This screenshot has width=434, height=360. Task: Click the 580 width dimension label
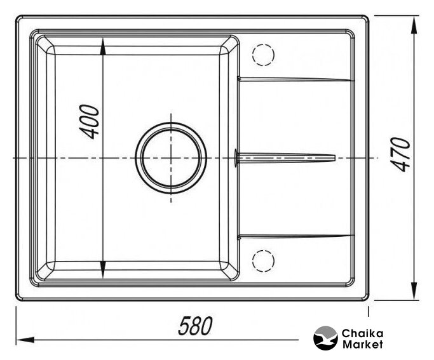click(x=196, y=326)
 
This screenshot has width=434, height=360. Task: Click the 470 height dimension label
click(x=401, y=154)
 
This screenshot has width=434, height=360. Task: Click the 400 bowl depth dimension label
click(x=90, y=122)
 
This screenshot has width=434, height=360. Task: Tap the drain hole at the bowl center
click(x=171, y=158)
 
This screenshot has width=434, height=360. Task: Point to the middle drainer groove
click(x=285, y=158)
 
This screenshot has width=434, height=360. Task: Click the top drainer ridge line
click(x=296, y=79)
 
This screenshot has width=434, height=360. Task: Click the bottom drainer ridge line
click(x=296, y=237)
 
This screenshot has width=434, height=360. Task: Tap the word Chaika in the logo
click(x=363, y=333)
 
